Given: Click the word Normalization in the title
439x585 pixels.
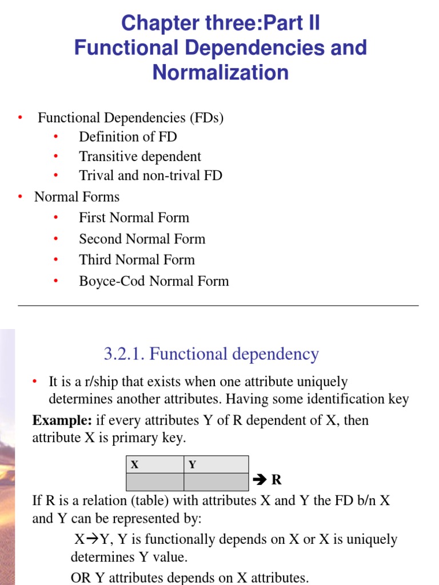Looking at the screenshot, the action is (220, 73).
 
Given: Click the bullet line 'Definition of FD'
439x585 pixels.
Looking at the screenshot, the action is (128, 137).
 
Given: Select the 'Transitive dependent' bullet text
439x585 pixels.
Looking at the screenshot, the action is (140, 157).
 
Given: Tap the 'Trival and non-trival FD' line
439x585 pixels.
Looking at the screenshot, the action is (150, 175).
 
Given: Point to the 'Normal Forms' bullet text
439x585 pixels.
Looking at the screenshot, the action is (77, 197).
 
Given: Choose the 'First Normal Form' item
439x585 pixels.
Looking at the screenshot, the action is (134, 218).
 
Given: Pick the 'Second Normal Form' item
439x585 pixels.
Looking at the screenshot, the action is (142, 239).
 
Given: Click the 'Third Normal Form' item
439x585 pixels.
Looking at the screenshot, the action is (137, 260).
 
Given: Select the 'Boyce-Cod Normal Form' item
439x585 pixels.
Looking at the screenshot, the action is (154, 281).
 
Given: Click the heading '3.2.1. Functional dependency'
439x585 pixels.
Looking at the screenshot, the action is (211, 354).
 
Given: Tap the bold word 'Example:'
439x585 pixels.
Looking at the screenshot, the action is (62, 421).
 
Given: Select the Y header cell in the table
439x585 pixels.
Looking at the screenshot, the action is (216, 464).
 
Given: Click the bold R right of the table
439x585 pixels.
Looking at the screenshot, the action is (277, 480).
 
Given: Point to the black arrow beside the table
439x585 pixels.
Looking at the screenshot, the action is (260, 480).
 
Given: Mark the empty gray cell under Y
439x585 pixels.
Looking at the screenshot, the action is (216, 482).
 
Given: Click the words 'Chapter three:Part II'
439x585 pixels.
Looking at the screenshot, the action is (220, 23).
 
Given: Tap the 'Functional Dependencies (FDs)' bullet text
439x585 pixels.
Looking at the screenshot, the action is (130, 118).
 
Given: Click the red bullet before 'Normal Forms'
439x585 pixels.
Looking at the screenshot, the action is (21, 197).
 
